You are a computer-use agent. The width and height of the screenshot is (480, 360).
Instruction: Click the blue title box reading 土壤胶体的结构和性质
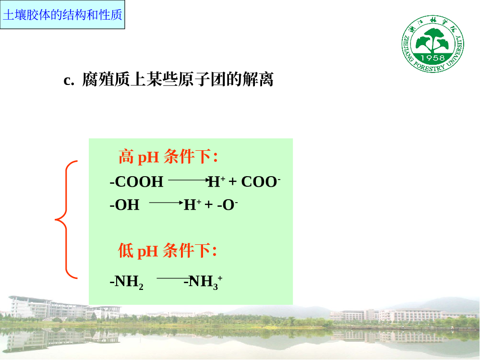(x=62, y=15)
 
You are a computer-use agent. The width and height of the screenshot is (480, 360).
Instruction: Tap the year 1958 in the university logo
(x=432, y=58)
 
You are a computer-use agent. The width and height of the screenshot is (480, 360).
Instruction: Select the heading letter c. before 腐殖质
(x=69, y=80)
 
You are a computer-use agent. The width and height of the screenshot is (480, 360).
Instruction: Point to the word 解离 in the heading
(x=258, y=79)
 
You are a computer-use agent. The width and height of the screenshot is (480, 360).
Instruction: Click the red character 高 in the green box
(x=126, y=156)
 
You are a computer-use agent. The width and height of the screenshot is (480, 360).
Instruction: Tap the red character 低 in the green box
(x=125, y=251)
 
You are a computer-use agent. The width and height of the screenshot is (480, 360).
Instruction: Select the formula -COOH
(x=136, y=181)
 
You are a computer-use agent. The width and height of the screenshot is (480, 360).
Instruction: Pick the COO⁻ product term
(x=261, y=181)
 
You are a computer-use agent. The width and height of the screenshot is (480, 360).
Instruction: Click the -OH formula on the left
(x=124, y=204)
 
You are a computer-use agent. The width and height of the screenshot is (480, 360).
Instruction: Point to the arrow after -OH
(x=166, y=203)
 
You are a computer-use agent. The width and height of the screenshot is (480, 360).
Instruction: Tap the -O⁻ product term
(x=228, y=204)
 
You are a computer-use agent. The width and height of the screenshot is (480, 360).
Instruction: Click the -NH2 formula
(x=126, y=282)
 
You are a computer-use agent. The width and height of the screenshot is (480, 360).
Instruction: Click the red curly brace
(x=66, y=219)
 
